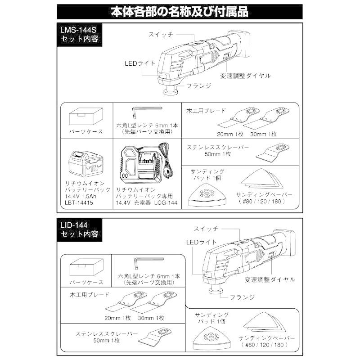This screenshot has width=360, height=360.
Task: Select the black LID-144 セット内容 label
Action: [78, 229]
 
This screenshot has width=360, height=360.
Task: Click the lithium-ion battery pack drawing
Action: [85, 165]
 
